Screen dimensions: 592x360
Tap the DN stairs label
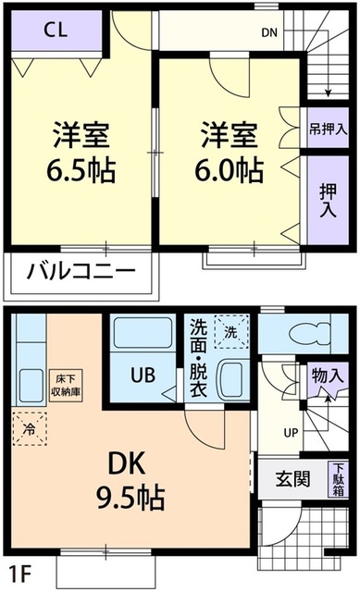coord(268,33)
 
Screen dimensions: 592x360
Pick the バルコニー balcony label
coord(81,271)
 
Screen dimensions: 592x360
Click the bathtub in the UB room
coord(142,336)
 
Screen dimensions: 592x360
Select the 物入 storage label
coord(328,376)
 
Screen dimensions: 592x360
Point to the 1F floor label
coord(19,570)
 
